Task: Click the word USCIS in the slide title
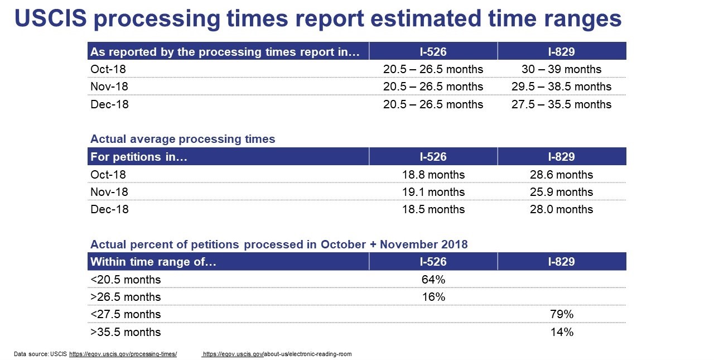click(x=50, y=18)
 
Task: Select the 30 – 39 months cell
click(x=561, y=69)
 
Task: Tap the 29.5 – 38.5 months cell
click(x=561, y=87)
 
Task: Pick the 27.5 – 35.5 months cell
click(x=561, y=104)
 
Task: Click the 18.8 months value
click(x=433, y=175)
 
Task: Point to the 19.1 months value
click(x=433, y=192)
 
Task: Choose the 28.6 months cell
click(x=561, y=175)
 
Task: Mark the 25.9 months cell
click(x=561, y=192)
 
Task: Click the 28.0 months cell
click(x=561, y=209)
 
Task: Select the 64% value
click(x=433, y=280)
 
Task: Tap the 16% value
click(x=433, y=297)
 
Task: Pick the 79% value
click(x=562, y=314)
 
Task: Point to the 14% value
click(x=562, y=332)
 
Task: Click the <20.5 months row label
click(x=126, y=280)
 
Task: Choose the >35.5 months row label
click(x=126, y=332)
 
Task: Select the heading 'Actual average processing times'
click(x=182, y=139)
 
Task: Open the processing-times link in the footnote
click(x=123, y=354)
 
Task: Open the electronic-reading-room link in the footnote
click(x=277, y=354)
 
